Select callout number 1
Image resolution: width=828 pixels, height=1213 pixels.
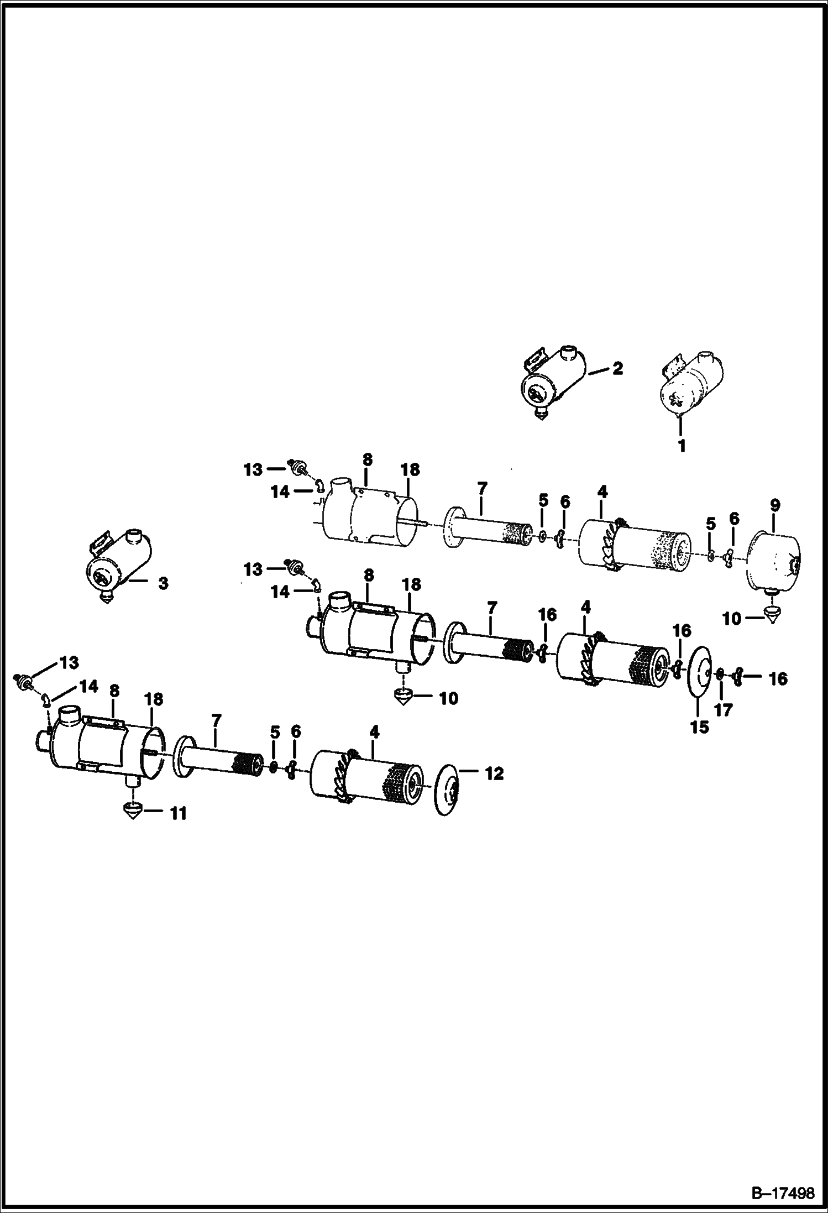click(x=682, y=445)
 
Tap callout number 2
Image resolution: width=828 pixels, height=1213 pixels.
click(x=617, y=368)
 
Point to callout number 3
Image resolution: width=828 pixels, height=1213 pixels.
click(x=163, y=583)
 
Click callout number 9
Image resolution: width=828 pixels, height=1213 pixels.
click(x=774, y=505)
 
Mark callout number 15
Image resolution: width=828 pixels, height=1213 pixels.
click(x=699, y=726)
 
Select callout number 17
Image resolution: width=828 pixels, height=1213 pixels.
click(x=723, y=710)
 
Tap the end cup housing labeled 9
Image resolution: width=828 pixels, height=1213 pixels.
click(x=773, y=560)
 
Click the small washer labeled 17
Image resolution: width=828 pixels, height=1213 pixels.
click(x=720, y=675)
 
